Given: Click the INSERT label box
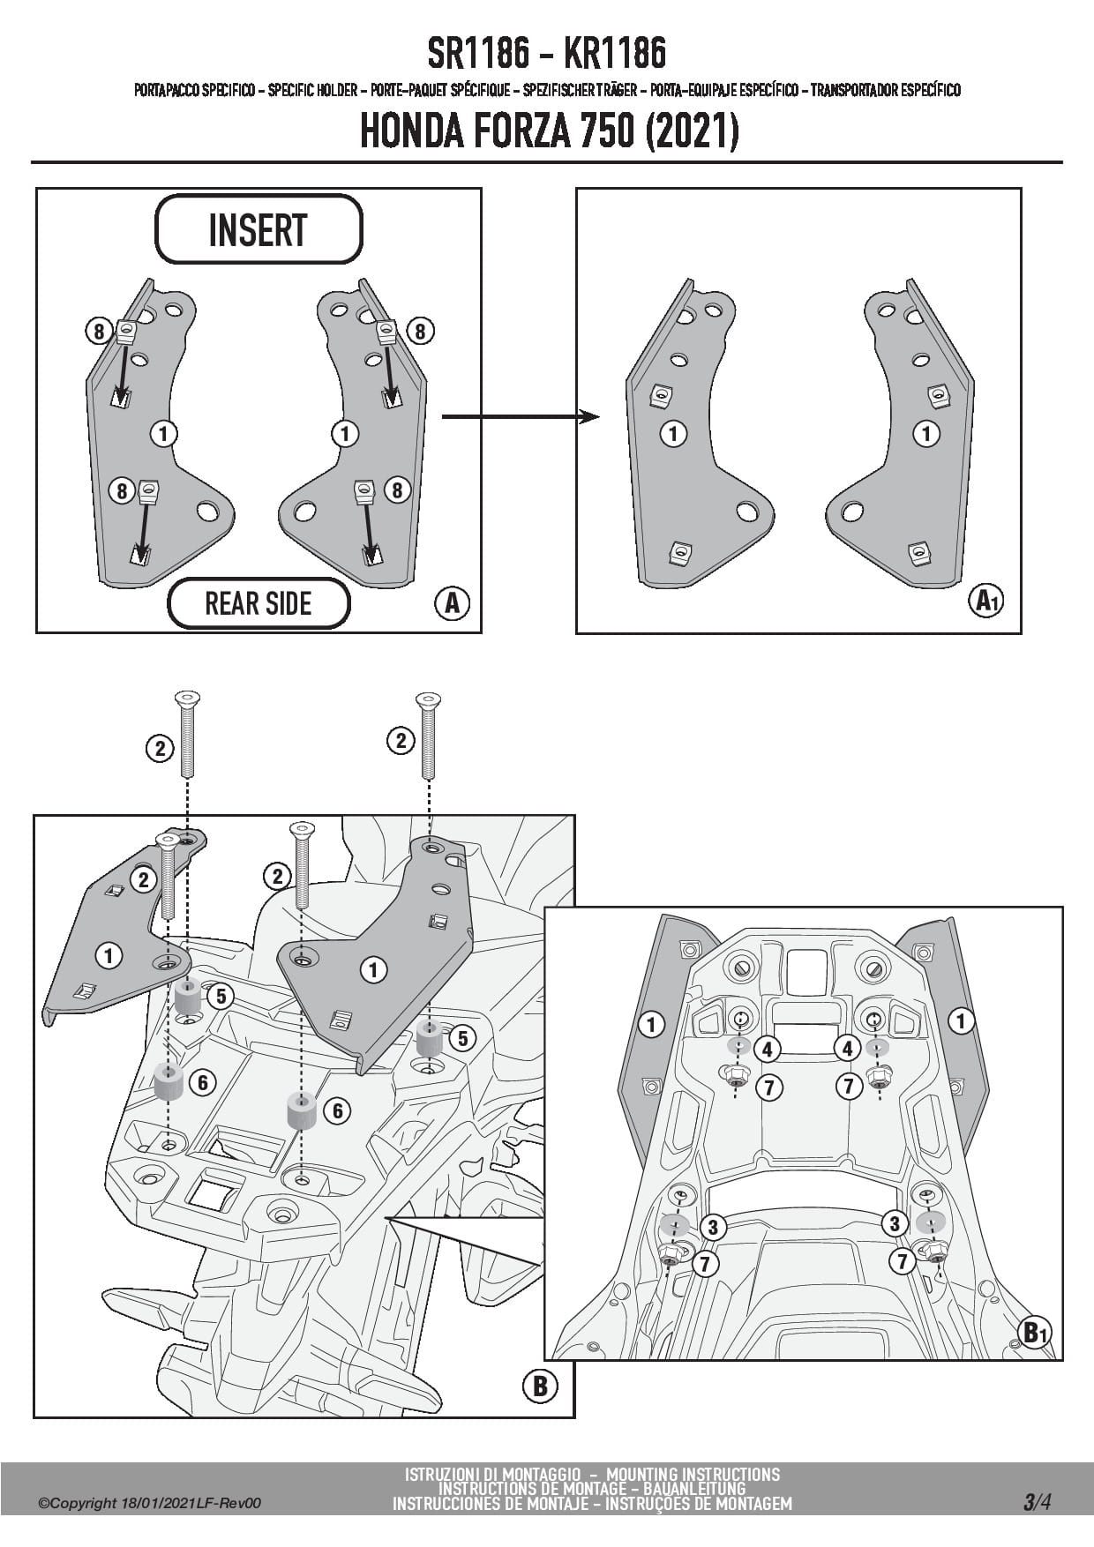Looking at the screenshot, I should [258, 229].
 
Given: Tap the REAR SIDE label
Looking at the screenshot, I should [258, 604].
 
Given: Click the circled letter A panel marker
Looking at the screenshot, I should [452, 603].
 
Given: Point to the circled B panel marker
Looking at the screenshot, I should [540, 1386].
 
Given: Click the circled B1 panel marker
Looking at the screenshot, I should [1034, 1332].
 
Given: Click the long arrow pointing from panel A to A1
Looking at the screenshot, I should [520, 416].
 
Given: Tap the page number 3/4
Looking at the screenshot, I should [1037, 1502].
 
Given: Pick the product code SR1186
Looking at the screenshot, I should [478, 55].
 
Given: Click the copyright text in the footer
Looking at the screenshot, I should [150, 1504].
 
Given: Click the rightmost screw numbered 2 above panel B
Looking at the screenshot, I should [428, 734].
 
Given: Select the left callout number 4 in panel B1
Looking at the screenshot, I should [767, 1050].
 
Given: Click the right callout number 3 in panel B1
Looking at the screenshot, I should [895, 1223].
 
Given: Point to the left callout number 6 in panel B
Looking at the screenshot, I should [203, 1082].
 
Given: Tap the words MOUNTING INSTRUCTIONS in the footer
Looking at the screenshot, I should [693, 1474].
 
